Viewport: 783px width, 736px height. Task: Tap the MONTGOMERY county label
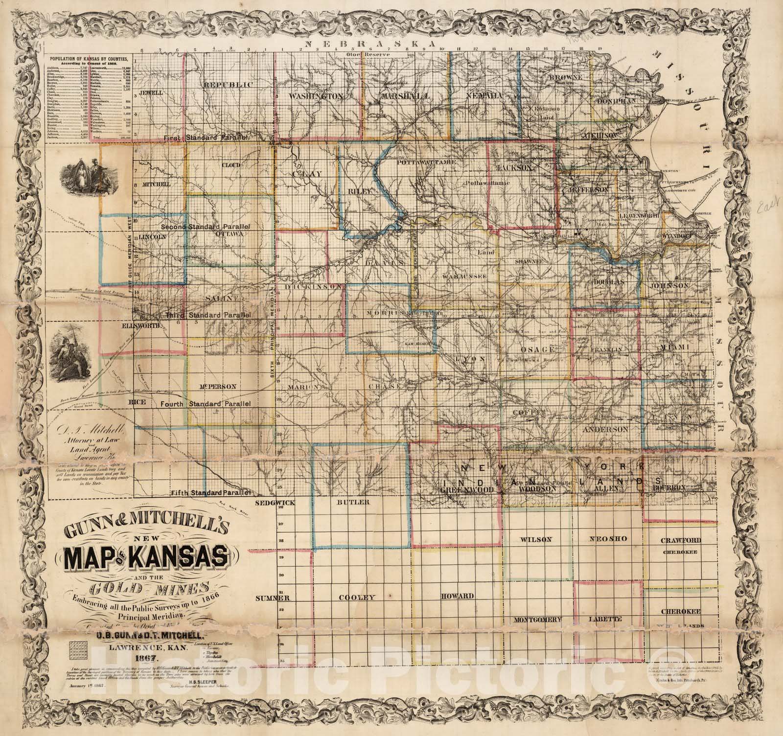coord(536,620)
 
